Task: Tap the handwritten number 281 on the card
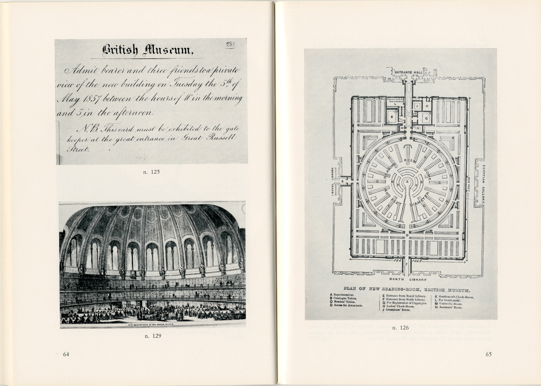(x=230, y=45)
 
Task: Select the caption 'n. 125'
(x=151, y=172)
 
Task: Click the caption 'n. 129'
(x=153, y=336)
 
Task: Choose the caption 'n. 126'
(x=401, y=328)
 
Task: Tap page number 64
(x=66, y=354)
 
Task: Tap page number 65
(x=488, y=354)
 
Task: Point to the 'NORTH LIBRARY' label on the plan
(x=408, y=280)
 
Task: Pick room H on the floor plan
(x=427, y=106)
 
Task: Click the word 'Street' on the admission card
(x=79, y=150)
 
